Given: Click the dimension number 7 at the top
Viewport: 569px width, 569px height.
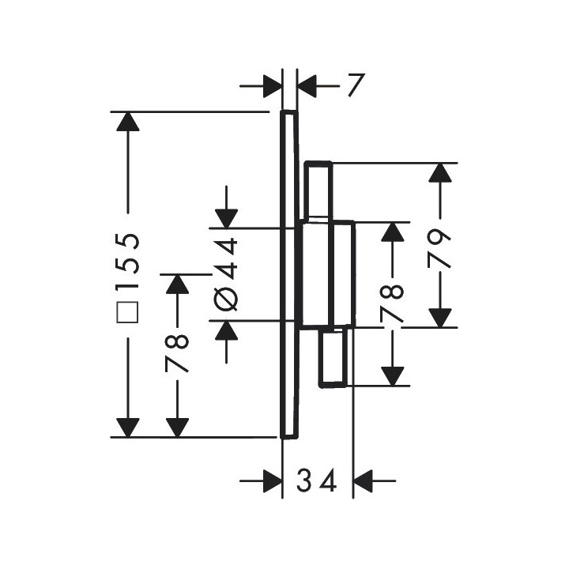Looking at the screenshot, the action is click(356, 85).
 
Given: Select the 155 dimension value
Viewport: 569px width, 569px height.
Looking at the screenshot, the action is click(127, 262).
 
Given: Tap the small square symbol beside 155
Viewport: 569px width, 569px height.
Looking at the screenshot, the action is click(127, 311).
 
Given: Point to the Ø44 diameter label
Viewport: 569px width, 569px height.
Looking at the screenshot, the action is click(226, 275).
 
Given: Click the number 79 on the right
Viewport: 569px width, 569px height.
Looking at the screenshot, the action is click(439, 249).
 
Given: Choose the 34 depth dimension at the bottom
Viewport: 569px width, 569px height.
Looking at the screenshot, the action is click(317, 480).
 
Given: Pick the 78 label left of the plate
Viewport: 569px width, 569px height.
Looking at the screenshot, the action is click(177, 353).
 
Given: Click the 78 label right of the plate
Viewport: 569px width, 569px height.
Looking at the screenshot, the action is click(392, 303).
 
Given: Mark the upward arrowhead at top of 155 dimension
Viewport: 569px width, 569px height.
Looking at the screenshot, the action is click(128, 121).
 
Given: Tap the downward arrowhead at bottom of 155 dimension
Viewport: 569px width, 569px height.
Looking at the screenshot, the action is click(128, 428).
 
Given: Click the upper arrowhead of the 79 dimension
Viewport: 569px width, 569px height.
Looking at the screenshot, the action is click(440, 172).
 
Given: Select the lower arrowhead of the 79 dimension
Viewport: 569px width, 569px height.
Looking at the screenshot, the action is click(440, 318).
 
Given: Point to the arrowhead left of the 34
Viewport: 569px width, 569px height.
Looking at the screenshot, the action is click(273, 480).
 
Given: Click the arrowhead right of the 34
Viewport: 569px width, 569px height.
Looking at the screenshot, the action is click(363, 480).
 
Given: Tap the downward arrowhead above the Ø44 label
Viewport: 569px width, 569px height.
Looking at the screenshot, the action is click(226, 219).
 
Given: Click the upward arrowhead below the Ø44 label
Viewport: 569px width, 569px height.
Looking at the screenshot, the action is click(226, 330).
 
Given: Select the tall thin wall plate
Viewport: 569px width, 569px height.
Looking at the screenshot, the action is click(289, 275).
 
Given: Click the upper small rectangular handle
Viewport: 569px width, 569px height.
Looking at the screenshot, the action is click(318, 190).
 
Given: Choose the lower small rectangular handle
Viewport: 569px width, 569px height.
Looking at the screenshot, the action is click(333, 356).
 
